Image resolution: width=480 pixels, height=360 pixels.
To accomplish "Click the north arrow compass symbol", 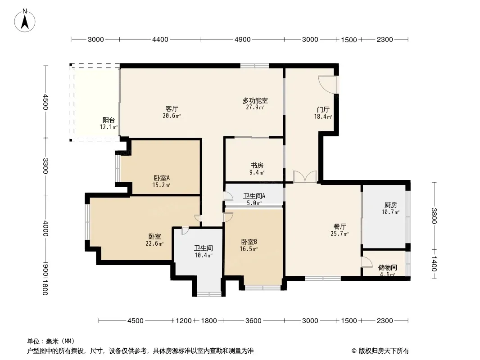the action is tap(25, 21).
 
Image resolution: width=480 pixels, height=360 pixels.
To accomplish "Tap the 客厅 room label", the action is tap(172, 108).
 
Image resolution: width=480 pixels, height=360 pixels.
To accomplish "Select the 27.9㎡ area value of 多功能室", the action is tap(255, 108).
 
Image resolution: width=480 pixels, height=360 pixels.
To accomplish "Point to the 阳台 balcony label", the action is tap(109, 120).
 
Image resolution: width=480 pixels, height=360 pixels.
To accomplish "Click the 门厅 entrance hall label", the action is tap(323, 109).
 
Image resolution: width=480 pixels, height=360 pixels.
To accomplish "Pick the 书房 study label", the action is tap(257, 166).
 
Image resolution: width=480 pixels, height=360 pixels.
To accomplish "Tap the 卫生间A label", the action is tap(254, 196).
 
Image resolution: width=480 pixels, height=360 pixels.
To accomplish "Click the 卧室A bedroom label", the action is tap(162, 178).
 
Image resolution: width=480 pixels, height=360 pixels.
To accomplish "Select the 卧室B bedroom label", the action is tap(249, 242).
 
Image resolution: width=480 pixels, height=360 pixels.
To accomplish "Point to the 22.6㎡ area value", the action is tap(154, 243).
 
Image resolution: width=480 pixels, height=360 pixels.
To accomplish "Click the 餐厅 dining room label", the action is tap(340, 227).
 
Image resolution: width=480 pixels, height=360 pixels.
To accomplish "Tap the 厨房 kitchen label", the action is tap(390, 205).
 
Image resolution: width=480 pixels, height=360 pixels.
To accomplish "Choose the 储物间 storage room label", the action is tap(388, 268).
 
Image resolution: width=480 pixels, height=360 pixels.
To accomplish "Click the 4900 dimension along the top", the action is tap(242, 40).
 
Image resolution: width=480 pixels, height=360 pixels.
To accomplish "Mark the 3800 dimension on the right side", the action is tap(434, 216).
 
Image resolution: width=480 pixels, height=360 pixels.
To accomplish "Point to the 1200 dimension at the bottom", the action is tap(184, 320).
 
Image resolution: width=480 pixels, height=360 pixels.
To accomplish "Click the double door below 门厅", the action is tap(305, 177).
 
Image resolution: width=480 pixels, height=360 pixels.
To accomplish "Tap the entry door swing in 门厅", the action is tap(327, 85).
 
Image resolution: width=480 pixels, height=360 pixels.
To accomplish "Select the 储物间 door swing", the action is tap(367, 262).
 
